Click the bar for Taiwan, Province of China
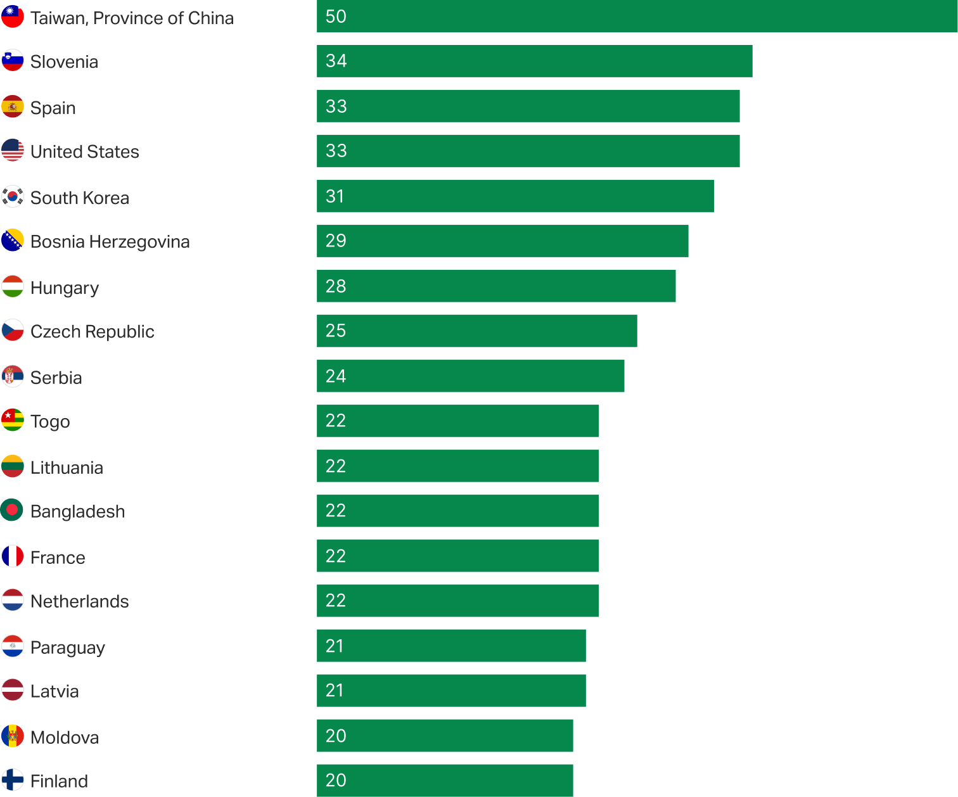[637, 16]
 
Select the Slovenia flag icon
[13, 61]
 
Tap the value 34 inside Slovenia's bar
[336, 61]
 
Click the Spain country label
[53, 108]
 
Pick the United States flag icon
[13, 151]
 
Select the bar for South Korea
[515, 196]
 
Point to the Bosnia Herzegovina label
[110, 241]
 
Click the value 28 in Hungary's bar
[336, 286]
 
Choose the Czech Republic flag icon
[13, 330]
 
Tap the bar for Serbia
[470, 376]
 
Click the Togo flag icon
[13, 420]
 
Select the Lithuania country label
[67, 468]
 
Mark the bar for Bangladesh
[457, 511]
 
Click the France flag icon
[13, 556]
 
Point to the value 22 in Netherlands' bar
[336, 601]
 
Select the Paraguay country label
[68, 647]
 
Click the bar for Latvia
[451, 691]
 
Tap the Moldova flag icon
[13, 736]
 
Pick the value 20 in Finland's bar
[336, 781]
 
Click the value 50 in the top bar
[336, 16]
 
